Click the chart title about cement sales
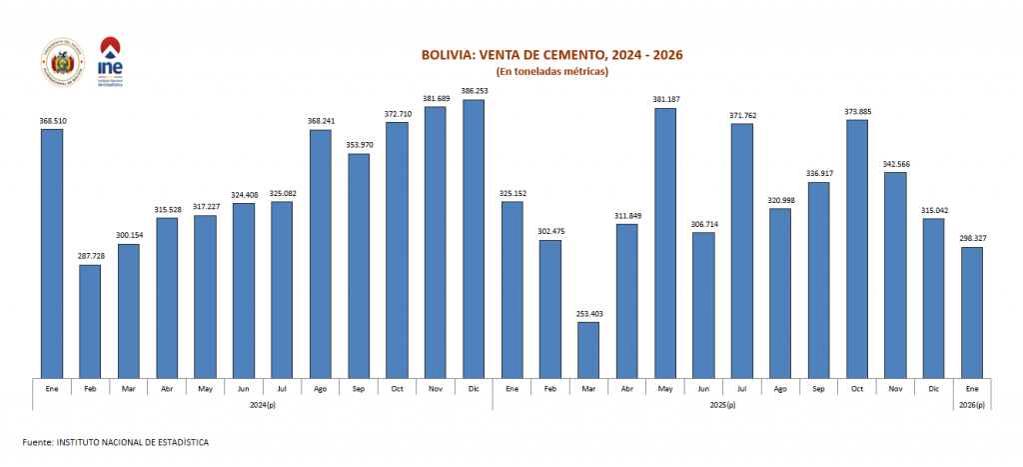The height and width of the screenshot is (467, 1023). click(x=551, y=55)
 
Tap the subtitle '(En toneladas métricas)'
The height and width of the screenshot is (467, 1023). click(x=551, y=72)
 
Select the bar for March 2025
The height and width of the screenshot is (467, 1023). click(x=588, y=350)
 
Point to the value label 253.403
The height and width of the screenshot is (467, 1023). click(x=588, y=314)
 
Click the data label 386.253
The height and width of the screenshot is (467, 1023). click(x=474, y=91)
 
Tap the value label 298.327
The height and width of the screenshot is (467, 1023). click(x=972, y=239)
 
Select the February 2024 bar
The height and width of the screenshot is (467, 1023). click(x=90, y=321)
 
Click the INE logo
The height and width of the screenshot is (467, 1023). click(x=110, y=61)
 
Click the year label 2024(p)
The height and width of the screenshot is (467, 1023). click(x=262, y=404)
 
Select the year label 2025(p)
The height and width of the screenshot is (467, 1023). click(x=722, y=404)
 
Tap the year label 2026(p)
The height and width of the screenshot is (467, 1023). click(x=972, y=404)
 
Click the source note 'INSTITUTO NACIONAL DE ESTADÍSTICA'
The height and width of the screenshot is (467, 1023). click(x=133, y=441)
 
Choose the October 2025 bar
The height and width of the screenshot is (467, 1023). click(x=857, y=249)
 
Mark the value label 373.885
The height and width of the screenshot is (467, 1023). click(x=857, y=111)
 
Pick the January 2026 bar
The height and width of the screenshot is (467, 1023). click(x=972, y=312)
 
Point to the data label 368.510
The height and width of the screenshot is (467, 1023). click(x=52, y=121)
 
